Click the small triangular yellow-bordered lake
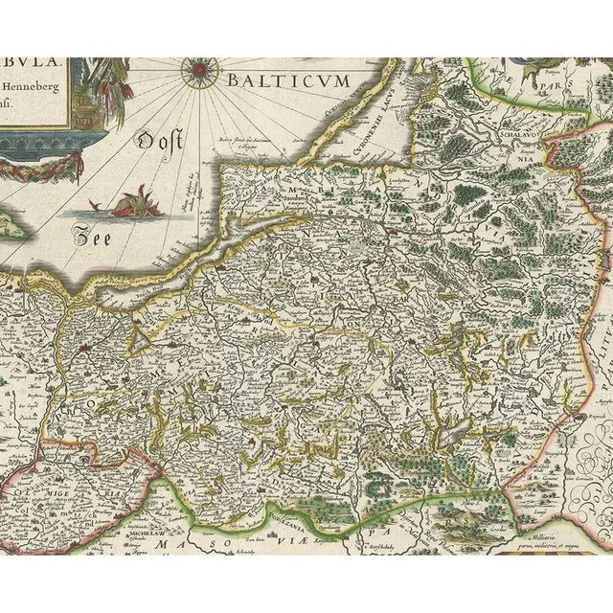pos(142,337)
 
